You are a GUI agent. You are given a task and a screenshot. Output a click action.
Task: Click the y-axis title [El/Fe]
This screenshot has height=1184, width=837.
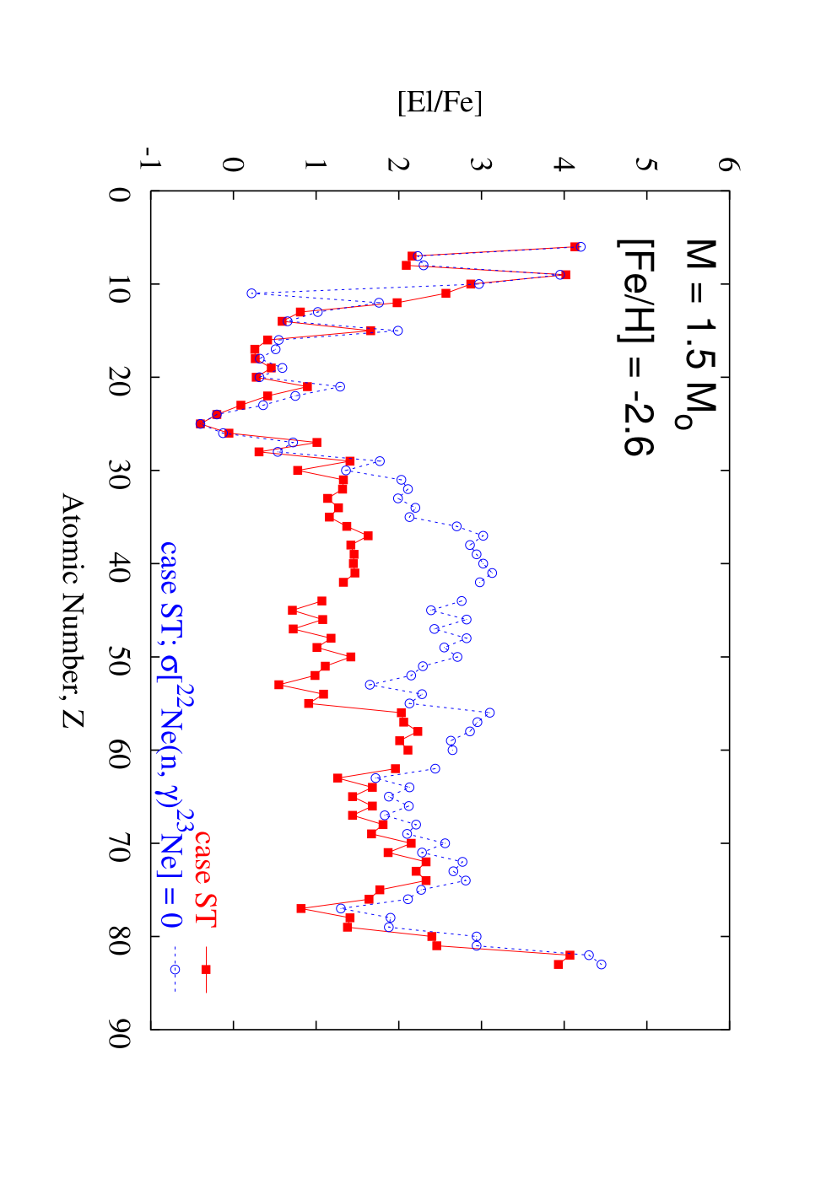pos(440,103)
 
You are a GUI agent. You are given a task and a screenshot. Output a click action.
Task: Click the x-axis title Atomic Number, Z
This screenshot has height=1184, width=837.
pos(73,611)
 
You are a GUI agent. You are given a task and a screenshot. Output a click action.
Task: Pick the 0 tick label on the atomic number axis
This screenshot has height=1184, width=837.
pos(120,195)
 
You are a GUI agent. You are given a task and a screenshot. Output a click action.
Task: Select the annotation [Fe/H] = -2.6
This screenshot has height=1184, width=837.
pos(635,347)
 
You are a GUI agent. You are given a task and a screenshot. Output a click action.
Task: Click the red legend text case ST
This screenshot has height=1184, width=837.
pos(204,878)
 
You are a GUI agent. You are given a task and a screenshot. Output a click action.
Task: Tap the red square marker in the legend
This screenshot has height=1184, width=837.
pos(206,970)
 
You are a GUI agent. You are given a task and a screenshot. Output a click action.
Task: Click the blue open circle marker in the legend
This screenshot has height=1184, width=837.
pos(175,970)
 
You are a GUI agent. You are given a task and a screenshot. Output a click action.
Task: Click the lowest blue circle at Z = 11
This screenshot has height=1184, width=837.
pos(251,293)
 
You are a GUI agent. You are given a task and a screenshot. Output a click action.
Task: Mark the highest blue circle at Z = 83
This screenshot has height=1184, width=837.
pos(602,965)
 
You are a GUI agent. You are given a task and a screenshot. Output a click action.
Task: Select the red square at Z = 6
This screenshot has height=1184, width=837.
pos(575,247)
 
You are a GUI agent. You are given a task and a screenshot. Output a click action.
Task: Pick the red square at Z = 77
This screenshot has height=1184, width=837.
pos(301,908)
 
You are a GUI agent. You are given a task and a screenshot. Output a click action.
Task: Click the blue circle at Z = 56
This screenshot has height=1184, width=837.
pos(489,713)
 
